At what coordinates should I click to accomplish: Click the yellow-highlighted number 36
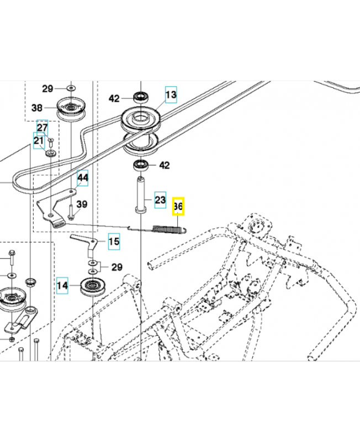click(x=178, y=207)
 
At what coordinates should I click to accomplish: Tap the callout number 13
click(x=171, y=95)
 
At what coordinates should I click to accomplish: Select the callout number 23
click(x=160, y=199)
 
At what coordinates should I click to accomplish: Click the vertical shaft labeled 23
click(x=140, y=194)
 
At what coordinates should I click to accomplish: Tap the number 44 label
click(x=82, y=178)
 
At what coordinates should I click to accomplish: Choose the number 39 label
click(x=82, y=204)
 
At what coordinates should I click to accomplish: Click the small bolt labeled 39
click(x=72, y=210)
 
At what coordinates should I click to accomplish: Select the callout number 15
click(x=113, y=241)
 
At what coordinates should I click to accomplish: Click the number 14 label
click(x=62, y=286)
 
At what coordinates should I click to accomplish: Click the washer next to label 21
click(x=51, y=152)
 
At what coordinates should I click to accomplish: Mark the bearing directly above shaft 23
click(x=140, y=165)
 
